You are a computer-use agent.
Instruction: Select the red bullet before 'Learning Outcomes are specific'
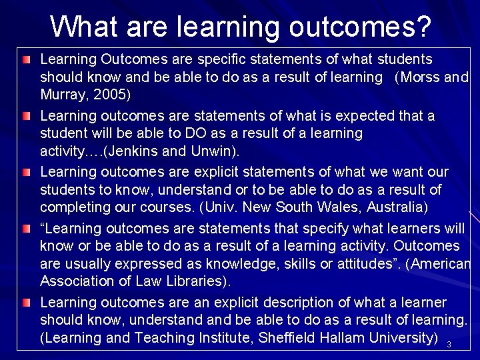click(25, 61)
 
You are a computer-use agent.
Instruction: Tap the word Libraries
click(197, 282)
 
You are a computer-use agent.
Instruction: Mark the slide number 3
click(449, 345)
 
